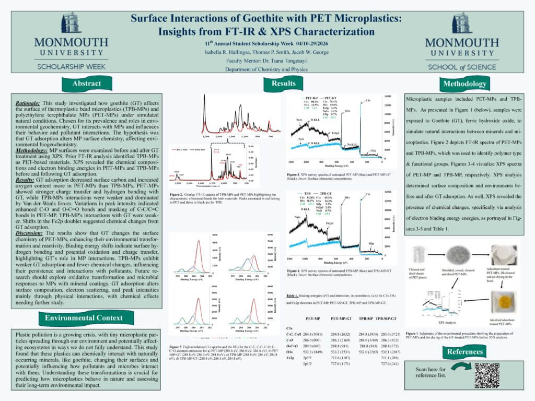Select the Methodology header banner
(x=464, y=84)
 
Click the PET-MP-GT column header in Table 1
(x=341, y=317)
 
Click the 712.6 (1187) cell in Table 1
(x=341, y=357)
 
